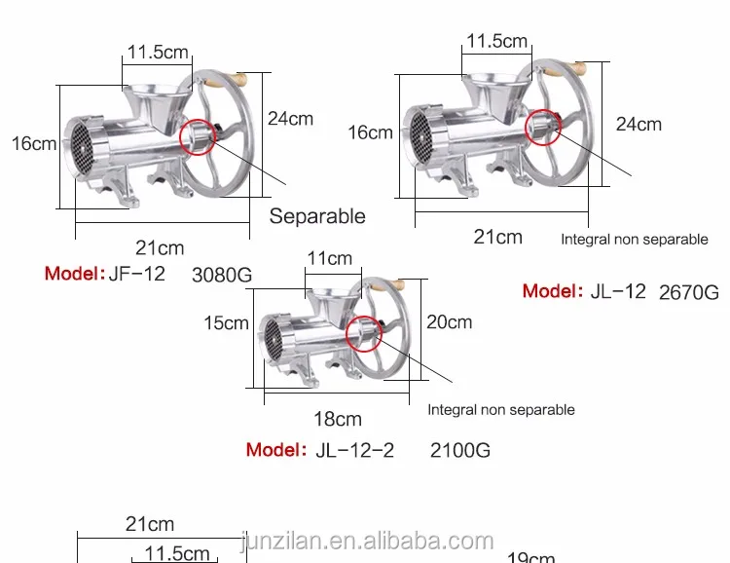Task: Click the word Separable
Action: (317, 216)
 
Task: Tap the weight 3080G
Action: (223, 276)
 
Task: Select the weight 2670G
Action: (689, 291)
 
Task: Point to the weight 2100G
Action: (460, 451)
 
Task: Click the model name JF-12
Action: (137, 274)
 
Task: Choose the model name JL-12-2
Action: (354, 450)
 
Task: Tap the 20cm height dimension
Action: (449, 322)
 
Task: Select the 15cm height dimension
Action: (226, 323)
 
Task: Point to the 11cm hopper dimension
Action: (330, 259)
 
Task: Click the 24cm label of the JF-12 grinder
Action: (290, 118)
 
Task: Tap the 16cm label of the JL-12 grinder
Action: (370, 131)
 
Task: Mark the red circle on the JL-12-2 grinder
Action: (361, 331)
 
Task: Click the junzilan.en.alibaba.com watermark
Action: (366, 541)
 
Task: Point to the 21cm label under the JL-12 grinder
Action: (497, 237)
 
